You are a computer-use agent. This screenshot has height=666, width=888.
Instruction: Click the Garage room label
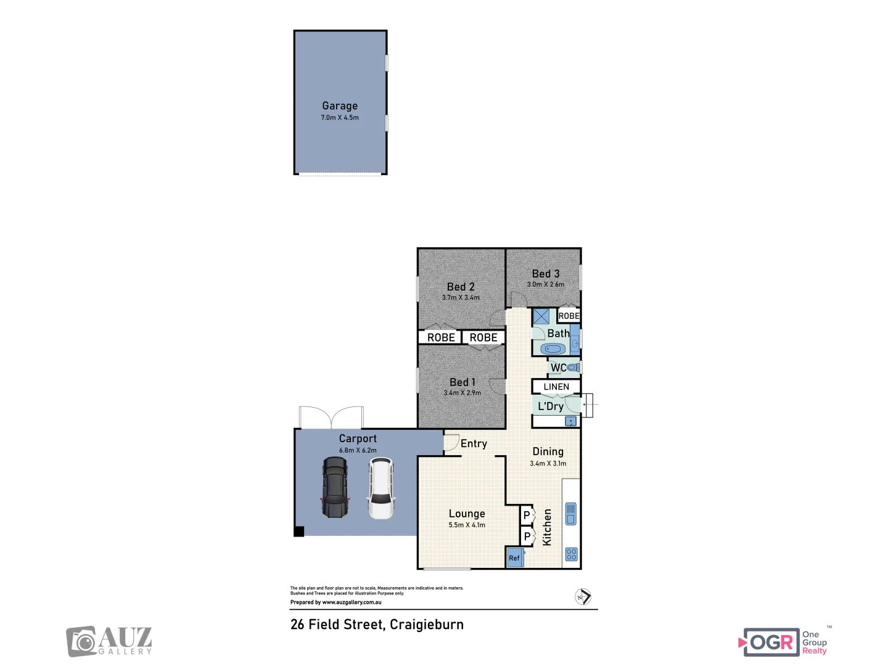(340, 106)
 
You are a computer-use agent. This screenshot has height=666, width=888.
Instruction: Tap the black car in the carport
(334, 487)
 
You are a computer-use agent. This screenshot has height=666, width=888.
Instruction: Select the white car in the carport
(381, 488)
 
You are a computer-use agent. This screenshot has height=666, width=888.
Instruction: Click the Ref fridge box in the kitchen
(514, 557)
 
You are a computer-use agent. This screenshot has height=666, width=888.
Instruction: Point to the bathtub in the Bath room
(553, 349)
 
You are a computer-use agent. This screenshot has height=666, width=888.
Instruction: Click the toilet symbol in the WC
(573, 368)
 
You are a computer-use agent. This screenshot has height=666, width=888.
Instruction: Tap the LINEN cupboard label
(556, 387)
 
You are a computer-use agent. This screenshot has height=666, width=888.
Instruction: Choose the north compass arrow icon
(583, 596)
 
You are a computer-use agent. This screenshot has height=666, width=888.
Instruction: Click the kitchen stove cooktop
(571, 554)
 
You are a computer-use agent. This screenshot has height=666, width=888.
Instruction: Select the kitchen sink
(571, 514)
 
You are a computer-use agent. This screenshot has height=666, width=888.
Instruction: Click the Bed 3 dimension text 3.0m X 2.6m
(545, 284)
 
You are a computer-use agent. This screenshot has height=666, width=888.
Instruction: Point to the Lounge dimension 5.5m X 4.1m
(467, 525)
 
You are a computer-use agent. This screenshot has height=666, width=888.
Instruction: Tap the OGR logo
(771, 643)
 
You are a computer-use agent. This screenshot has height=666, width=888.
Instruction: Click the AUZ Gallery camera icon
(81, 642)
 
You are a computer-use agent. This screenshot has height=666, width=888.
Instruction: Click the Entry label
(474, 443)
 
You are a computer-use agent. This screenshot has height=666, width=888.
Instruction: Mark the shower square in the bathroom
(541, 316)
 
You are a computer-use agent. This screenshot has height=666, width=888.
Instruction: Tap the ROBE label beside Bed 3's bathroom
(569, 316)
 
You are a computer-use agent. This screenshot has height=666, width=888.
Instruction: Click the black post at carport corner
(299, 531)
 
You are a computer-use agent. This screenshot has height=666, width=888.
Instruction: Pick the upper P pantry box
(527, 515)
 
